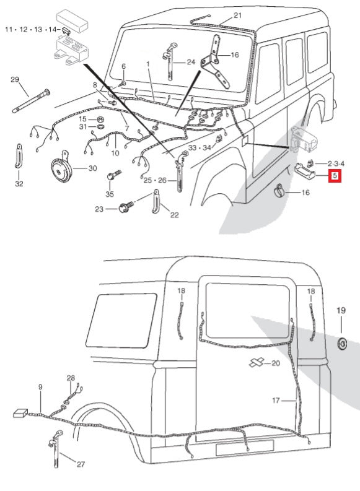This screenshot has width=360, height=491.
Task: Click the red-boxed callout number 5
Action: point(335,176)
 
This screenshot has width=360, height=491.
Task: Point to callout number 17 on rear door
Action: point(276,401)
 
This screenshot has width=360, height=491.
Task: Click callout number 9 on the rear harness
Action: point(40,387)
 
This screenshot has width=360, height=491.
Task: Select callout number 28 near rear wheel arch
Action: point(71,378)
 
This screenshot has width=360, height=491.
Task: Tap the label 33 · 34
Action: point(200,148)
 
